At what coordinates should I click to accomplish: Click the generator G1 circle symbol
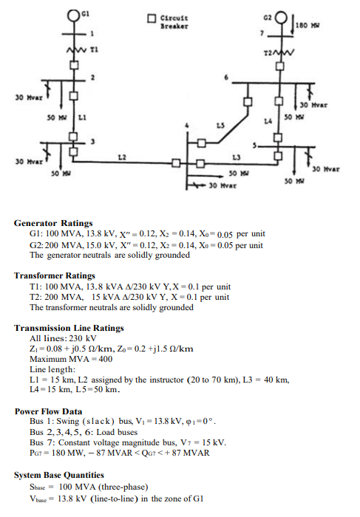coord(74,14)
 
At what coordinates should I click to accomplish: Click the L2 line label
coord(123,156)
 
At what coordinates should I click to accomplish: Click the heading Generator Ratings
coord(54,222)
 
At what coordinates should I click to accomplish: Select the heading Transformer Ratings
coord(58,275)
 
